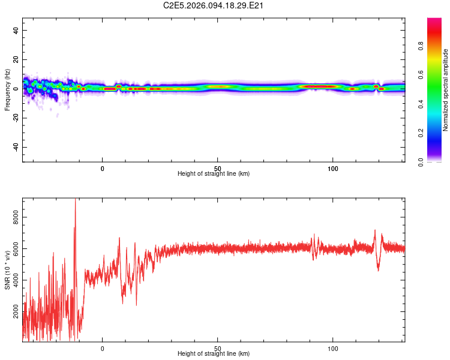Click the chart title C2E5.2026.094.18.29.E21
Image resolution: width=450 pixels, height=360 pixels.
point(214,5)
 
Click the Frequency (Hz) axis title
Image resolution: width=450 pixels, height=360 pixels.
point(7,90)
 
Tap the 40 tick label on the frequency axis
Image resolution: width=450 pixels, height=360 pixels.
point(16,30)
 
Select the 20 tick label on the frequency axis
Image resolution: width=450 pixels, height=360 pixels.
point(16,59)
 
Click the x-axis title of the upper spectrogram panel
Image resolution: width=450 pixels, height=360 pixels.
point(214,173)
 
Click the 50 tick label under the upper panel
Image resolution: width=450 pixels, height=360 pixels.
point(218,167)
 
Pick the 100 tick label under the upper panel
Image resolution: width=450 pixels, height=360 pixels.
point(333,167)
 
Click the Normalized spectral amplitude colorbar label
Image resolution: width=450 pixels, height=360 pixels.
point(445,90)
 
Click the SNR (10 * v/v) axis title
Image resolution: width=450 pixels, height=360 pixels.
point(7,270)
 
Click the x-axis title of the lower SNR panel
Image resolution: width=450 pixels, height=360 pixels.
point(214,353)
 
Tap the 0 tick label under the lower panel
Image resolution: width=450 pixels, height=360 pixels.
point(103,347)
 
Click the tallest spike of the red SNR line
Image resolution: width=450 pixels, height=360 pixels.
point(75,200)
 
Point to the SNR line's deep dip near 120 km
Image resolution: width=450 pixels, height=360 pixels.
point(378,269)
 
